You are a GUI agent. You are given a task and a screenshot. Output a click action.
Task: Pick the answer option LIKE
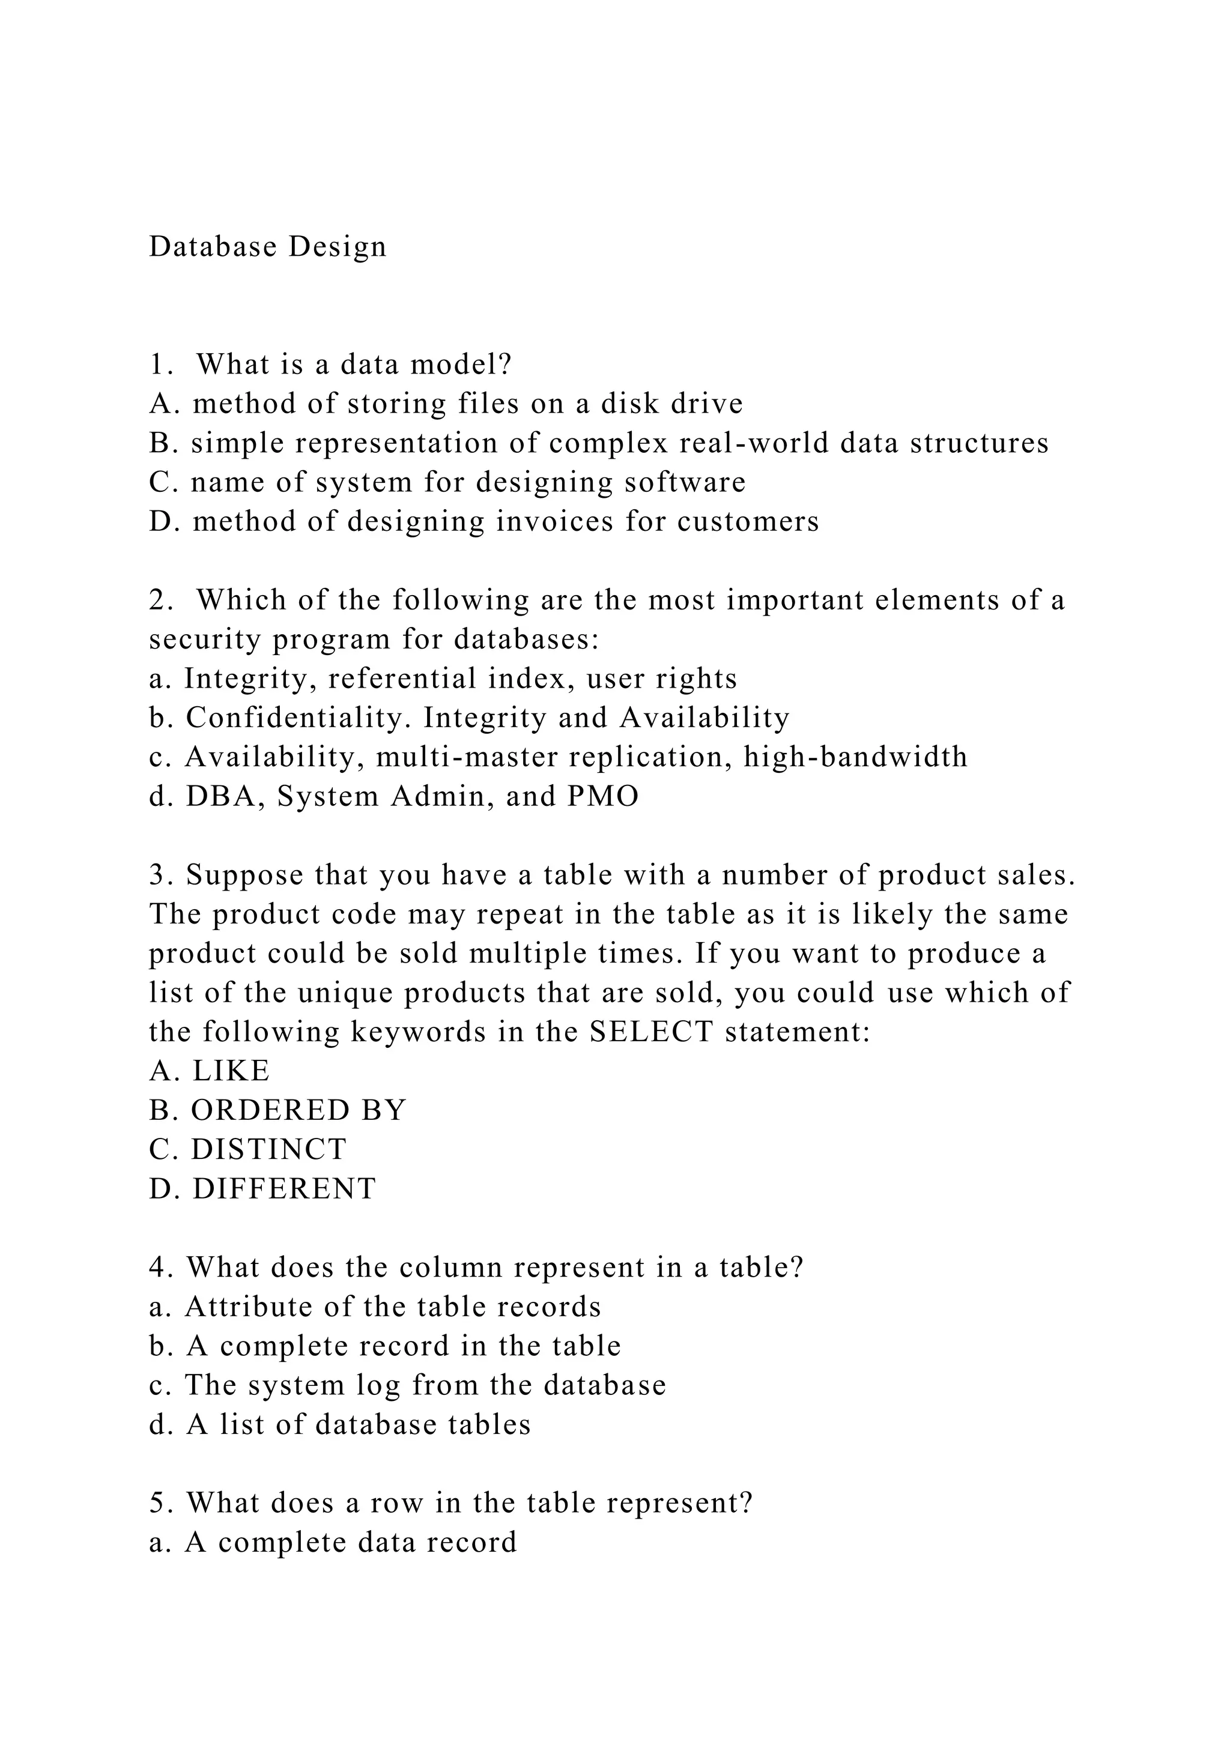coord(231,1072)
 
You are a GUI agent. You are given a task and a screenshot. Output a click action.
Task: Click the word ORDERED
coord(270,1111)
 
